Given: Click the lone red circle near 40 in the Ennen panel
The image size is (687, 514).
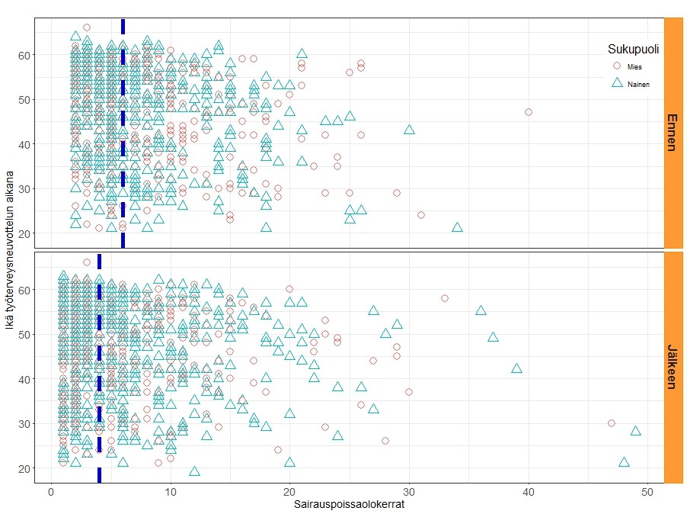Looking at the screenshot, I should click(529, 112).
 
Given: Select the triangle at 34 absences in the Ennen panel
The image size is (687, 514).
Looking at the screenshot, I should click(457, 227).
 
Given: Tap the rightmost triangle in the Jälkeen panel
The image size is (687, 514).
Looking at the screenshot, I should click(635, 431).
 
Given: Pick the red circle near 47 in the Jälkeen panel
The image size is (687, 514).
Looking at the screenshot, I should click(612, 423).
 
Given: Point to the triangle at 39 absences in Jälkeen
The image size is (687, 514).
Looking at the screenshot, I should click(516, 369).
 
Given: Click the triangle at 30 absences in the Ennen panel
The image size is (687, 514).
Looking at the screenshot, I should click(409, 130).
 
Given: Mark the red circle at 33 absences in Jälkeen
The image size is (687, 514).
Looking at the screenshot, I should click(445, 298).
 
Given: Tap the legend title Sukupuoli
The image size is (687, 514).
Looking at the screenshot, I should click(633, 49).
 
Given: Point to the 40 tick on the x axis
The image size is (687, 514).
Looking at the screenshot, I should click(529, 493).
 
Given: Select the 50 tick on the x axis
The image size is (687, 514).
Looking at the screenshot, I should click(647, 493).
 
